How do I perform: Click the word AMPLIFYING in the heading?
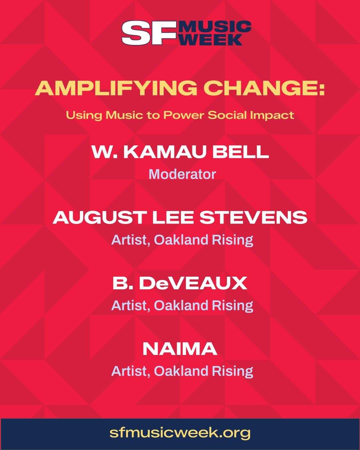click(x=116, y=88)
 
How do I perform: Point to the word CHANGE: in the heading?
click(x=264, y=88)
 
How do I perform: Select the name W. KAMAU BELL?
click(x=180, y=152)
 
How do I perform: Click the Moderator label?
click(x=182, y=174)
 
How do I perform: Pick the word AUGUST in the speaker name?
click(x=99, y=218)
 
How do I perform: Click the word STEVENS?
click(x=253, y=218)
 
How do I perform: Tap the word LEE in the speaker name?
click(x=173, y=218)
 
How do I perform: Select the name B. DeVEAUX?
click(x=180, y=283)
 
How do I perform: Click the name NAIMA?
click(x=180, y=349)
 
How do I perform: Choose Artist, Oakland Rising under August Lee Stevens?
click(x=182, y=240)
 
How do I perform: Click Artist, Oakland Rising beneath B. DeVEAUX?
click(x=182, y=306)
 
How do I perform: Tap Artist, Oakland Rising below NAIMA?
click(x=182, y=371)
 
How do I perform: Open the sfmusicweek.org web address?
click(x=180, y=433)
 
